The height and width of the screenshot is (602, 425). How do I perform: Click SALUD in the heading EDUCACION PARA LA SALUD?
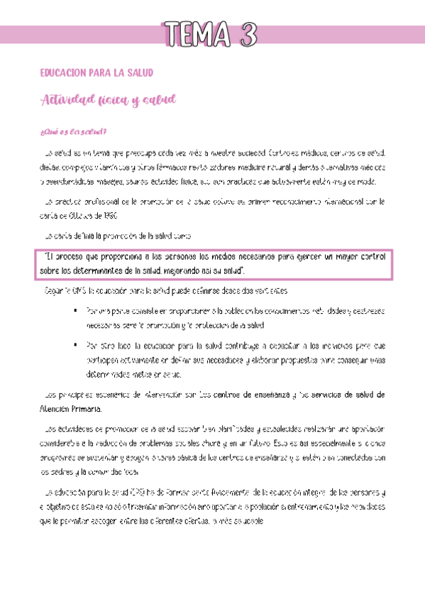tap(140, 73)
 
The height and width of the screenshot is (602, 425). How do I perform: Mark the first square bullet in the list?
tap(75, 310)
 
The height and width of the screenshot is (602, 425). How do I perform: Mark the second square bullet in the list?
tap(75, 346)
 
